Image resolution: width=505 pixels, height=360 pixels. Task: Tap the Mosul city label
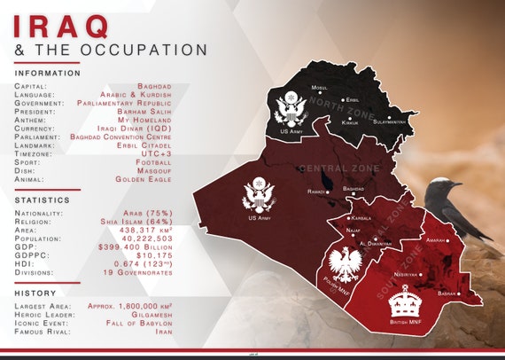(320, 88)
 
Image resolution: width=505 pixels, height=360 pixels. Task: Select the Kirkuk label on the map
(350, 122)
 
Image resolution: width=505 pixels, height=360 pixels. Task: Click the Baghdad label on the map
(353, 189)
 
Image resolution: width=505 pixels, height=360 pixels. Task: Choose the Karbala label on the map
(361, 217)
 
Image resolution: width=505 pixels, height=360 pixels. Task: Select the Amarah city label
(435, 239)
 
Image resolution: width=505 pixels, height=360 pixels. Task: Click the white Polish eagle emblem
(343, 264)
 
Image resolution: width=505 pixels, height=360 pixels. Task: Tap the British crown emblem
(405, 301)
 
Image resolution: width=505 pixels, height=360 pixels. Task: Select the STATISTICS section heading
(43, 200)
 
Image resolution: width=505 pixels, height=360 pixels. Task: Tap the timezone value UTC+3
(154, 153)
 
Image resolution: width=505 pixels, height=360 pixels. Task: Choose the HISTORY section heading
(35, 293)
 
